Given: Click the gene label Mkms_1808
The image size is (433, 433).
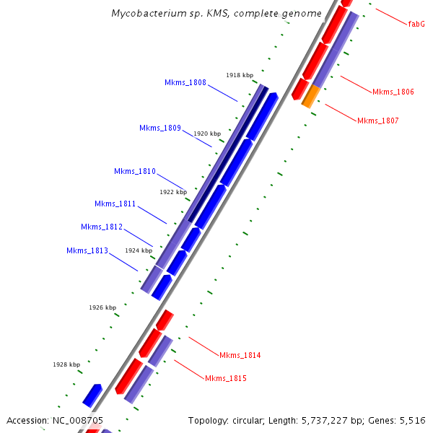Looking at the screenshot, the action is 185,82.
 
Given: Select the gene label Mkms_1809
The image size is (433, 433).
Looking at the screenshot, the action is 160,128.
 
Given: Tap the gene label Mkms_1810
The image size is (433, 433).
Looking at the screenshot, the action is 135,171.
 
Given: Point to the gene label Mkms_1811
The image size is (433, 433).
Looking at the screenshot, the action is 115,204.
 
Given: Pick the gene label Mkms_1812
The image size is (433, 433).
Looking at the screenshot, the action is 102,227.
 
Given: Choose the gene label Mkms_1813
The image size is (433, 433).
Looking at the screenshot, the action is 87,250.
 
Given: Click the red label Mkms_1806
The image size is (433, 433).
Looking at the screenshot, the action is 393,92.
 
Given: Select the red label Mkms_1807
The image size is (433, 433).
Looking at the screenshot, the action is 377,120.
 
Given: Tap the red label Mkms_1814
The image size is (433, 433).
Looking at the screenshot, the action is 240,355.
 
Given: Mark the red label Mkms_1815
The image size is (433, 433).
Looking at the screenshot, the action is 226,378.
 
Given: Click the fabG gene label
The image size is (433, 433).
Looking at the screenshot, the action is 416,24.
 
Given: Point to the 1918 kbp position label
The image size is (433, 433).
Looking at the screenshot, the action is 240,75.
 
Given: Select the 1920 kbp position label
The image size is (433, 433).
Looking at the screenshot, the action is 207,134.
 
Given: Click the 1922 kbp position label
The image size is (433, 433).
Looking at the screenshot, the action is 173,192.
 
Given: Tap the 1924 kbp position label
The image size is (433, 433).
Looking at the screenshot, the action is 139,250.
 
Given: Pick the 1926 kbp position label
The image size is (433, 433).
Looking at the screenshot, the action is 102,307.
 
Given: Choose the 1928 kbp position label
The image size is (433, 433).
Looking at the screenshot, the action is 66,364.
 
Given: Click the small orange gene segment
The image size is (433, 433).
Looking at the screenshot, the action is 310,96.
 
